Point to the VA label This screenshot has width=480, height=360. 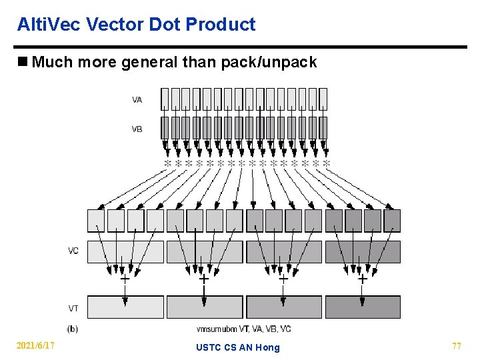[137, 99]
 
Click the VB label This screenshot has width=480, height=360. [137, 129]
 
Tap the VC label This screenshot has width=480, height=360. [73, 251]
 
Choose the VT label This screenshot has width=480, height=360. [73, 308]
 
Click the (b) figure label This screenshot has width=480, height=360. [72, 328]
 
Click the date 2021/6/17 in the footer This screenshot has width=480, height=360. [35, 346]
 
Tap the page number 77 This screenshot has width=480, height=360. [457, 346]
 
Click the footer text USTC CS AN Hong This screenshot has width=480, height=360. [238, 347]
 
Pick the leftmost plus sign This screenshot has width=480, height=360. [125, 279]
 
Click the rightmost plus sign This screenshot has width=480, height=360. [363, 279]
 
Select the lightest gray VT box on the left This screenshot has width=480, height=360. [125, 307]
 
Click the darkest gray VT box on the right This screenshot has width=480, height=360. [363, 307]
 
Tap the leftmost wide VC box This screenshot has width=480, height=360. [125, 251]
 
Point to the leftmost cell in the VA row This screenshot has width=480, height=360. [165, 99]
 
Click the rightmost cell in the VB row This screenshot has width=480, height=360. [323, 127]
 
